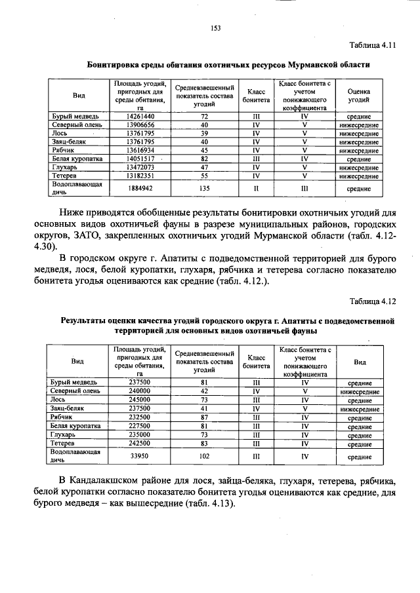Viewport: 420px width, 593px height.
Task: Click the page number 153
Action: [214, 28]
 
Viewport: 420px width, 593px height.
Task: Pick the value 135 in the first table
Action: [205, 189]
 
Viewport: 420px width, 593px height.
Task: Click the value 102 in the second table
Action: [205, 457]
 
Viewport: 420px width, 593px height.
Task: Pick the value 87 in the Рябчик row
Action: [205, 417]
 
